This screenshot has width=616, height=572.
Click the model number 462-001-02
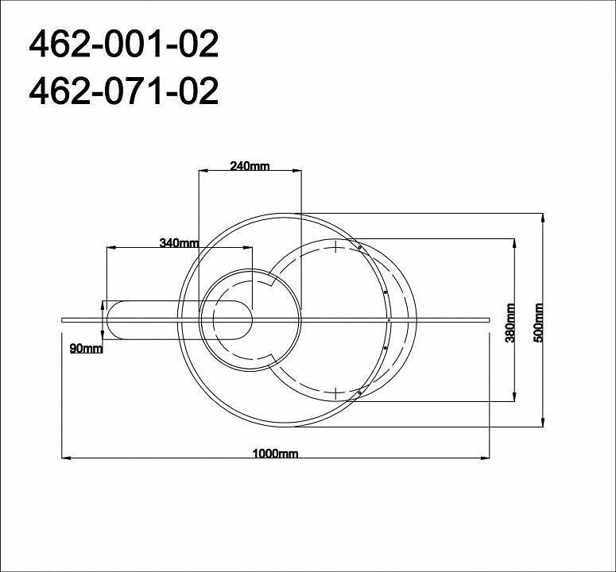point(123,45)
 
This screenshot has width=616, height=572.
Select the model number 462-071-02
point(123,92)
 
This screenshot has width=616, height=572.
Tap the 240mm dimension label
point(250,166)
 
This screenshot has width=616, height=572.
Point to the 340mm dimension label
point(179,243)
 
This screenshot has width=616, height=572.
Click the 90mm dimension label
point(86,349)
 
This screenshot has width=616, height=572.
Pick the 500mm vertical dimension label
point(539,322)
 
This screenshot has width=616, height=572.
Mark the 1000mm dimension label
point(275,454)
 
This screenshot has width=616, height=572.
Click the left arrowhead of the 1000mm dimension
point(66,458)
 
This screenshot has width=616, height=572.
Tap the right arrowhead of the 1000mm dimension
point(486,458)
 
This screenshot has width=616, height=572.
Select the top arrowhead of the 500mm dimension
point(542,217)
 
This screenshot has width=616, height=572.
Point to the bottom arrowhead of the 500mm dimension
point(542,422)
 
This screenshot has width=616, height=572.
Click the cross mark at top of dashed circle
point(338,246)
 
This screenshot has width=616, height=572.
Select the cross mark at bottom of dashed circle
point(338,392)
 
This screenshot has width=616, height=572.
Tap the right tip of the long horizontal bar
point(489,319)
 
